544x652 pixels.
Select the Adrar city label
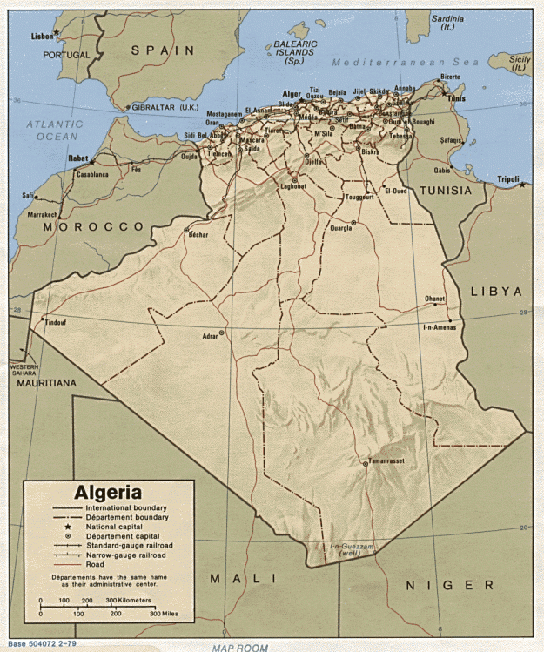click(x=209, y=334)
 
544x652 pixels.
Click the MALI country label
click(x=244, y=578)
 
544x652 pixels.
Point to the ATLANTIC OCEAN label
click(x=54, y=131)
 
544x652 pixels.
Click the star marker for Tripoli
click(x=522, y=185)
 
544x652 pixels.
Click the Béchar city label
click(x=198, y=236)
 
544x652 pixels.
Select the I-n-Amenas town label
click(x=440, y=326)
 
